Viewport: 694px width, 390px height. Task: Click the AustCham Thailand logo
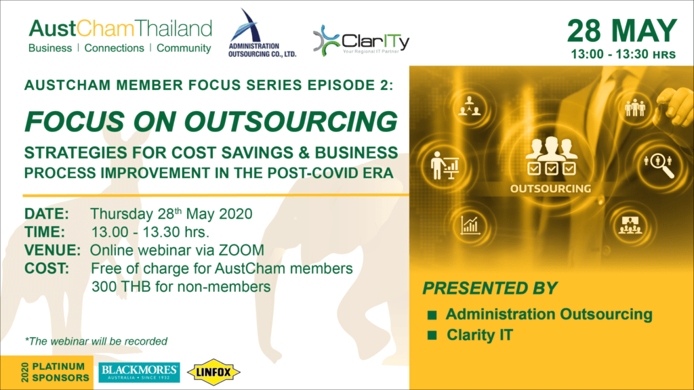[120, 36]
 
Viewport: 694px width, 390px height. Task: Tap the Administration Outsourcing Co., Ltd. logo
[262, 34]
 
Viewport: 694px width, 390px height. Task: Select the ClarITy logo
[361, 40]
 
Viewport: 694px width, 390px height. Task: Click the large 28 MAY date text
[622, 31]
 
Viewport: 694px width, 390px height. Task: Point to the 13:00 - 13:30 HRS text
[624, 54]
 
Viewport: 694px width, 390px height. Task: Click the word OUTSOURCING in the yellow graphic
[550, 189]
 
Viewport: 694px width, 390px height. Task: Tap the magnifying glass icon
[660, 165]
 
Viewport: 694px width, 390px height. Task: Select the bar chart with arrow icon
[470, 225]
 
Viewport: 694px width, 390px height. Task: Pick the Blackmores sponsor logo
[139, 372]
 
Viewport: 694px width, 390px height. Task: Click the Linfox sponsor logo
[213, 372]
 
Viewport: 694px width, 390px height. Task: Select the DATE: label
[47, 214]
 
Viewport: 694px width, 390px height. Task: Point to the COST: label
[47, 268]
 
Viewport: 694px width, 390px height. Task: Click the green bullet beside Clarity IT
[432, 336]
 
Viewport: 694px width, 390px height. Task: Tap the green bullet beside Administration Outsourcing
[432, 315]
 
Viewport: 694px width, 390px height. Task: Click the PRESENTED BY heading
[489, 288]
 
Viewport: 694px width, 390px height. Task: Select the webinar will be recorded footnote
[96, 341]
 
